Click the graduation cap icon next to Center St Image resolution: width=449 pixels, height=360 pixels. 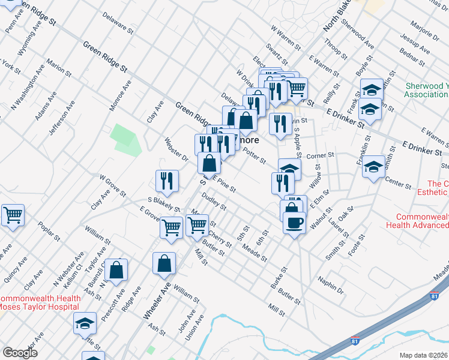[373, 167]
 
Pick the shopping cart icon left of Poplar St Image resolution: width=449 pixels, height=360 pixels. [13, 215]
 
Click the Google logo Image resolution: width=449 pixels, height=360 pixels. [20, 353]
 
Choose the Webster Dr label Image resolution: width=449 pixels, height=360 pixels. [176, 150]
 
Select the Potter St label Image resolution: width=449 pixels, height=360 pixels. [255, 157]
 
